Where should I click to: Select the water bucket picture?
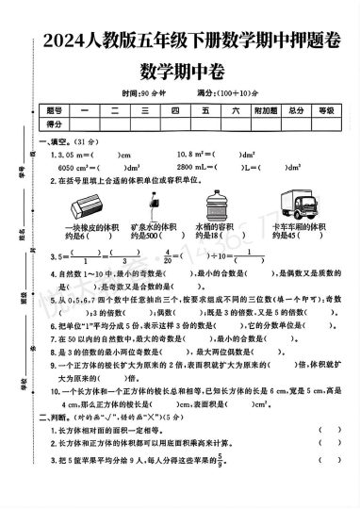coord(213,202)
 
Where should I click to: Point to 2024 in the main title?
coord(65,41)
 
